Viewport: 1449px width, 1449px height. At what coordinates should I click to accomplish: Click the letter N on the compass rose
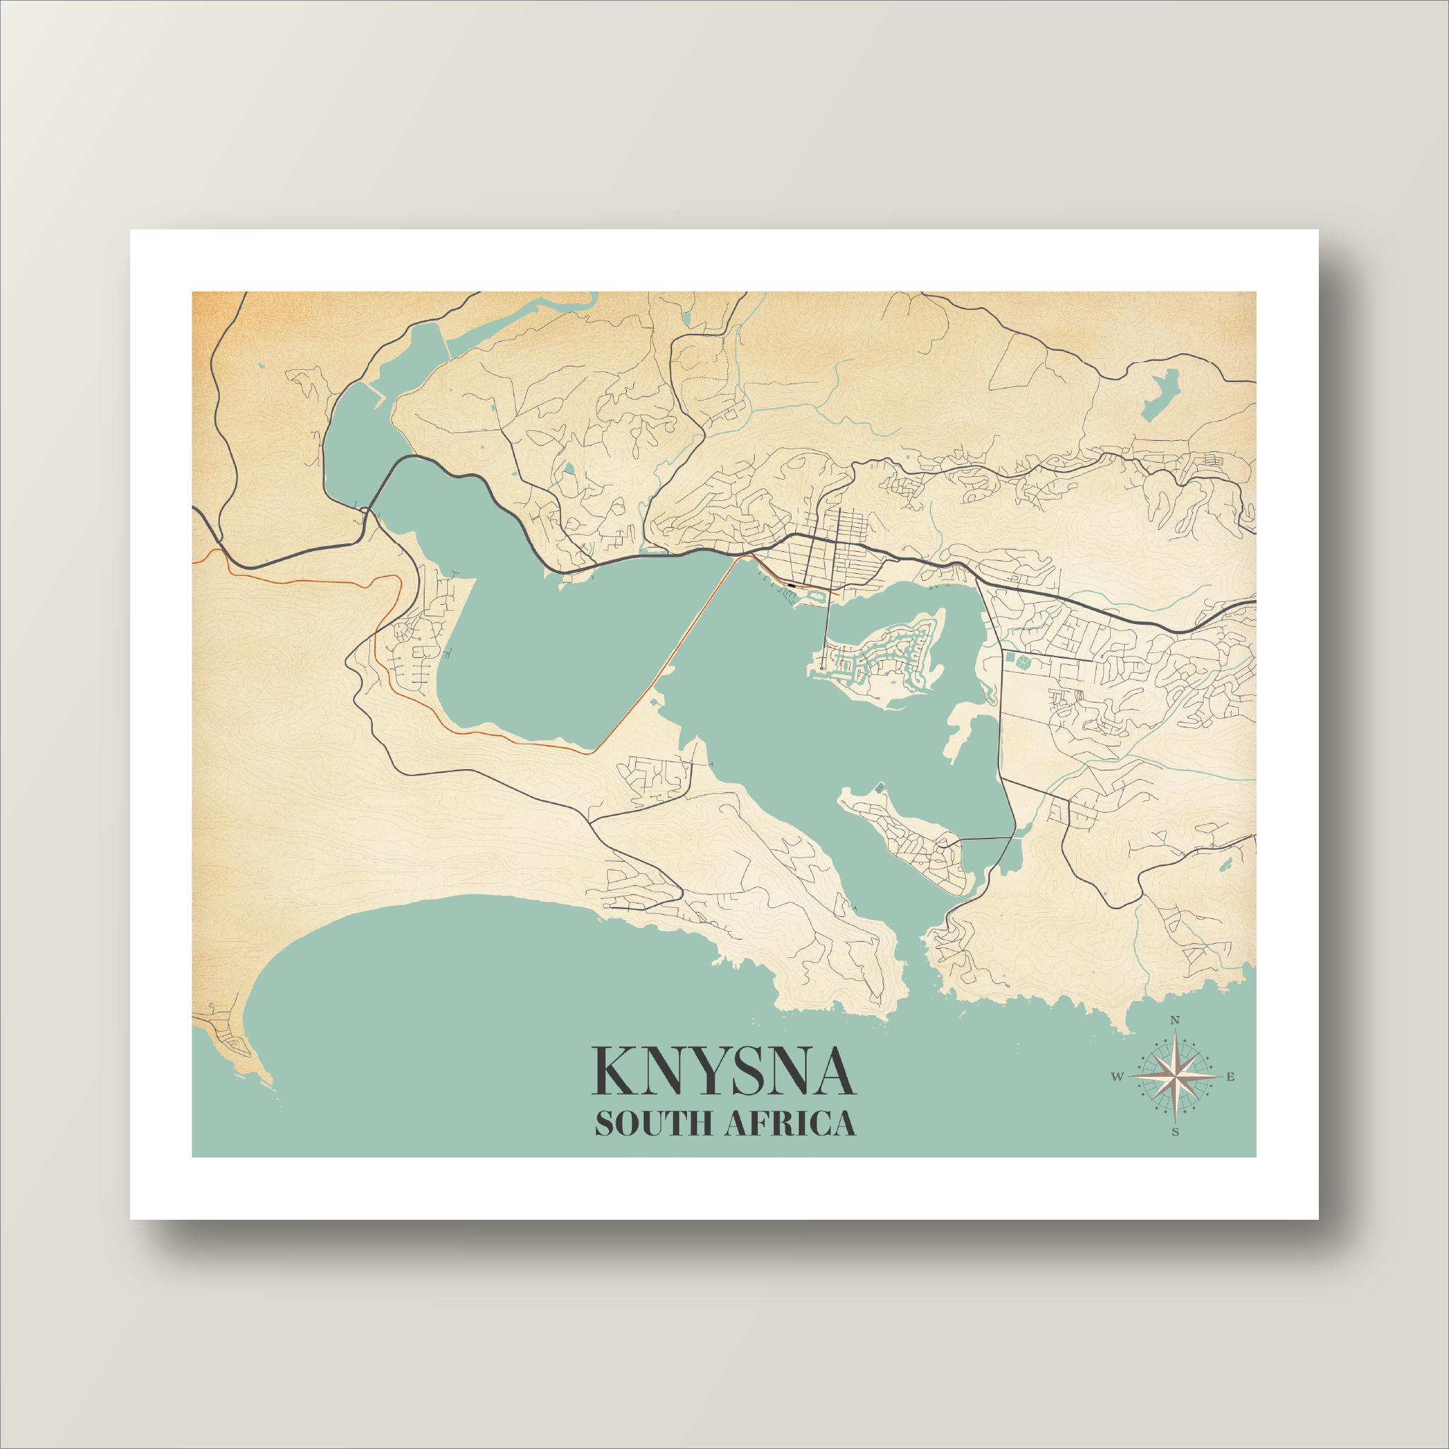pyautogui.click(x=1175, y=1020)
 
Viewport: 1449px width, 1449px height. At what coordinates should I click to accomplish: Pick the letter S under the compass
pyautogui.click(x=1175, y=1133)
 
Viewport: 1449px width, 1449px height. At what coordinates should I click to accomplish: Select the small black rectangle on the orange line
pyautogui.click(x=792, y=582)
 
